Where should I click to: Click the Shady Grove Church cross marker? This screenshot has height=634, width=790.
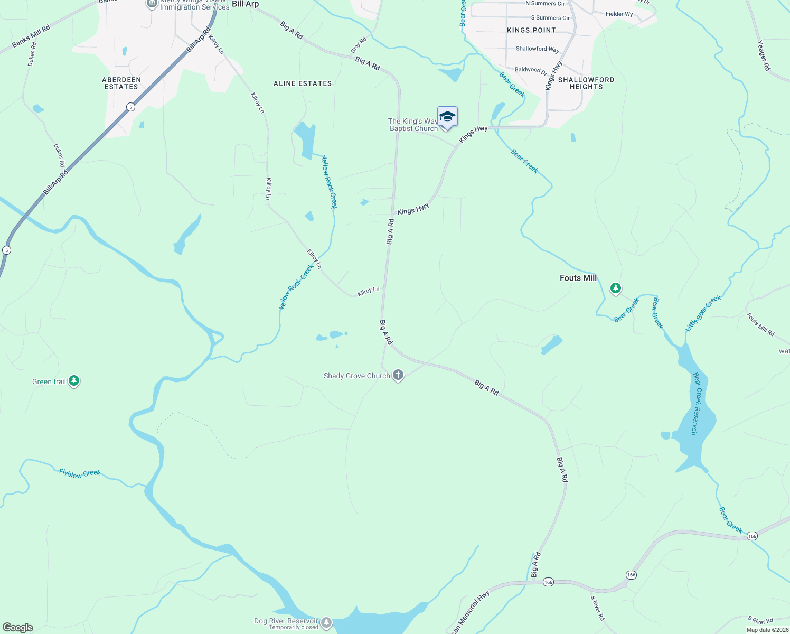point(398,376)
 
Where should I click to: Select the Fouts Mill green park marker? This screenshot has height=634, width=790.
point(615,288)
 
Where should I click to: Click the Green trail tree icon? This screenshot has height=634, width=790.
point(74,381)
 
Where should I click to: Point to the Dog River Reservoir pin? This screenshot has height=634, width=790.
point(326,623)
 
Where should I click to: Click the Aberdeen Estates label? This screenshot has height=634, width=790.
point(121,83)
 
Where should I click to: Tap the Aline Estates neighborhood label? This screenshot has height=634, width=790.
point(303,83)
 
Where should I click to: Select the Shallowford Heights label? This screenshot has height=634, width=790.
point(586,83)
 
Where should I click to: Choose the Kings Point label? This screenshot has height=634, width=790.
point(531,30)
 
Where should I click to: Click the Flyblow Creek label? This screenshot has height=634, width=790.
point(80,473)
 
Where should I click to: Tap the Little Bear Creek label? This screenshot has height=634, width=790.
point(703,313)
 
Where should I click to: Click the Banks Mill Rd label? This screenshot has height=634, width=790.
point(31,36)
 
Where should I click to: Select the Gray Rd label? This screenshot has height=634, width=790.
point(359,45)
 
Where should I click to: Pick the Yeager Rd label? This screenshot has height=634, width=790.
point(764,55)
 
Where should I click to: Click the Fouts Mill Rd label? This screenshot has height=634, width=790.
point(760,324)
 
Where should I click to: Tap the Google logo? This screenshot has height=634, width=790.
point(18,628)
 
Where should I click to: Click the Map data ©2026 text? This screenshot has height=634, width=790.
point(767,630)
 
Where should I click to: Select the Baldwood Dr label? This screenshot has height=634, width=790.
point(531,70)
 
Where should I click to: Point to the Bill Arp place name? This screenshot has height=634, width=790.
point(246,4)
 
